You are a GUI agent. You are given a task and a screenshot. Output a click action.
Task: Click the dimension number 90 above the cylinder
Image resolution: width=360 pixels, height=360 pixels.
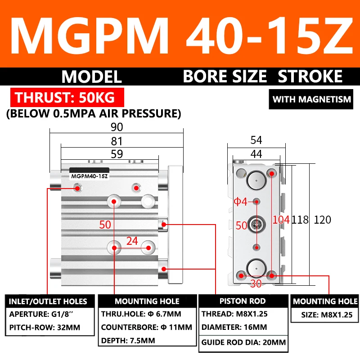[x=117, y=127]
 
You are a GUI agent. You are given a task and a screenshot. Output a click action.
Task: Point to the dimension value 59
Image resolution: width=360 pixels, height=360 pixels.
[x=117, y=154]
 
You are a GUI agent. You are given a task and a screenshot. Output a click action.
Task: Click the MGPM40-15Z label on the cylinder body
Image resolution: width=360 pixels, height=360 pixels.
[x=89, y=176]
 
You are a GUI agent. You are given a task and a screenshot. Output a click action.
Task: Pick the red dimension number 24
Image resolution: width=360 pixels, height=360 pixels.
[x=132, y=241]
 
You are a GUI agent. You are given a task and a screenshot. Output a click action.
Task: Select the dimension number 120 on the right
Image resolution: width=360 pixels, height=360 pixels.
[x=322, y=220]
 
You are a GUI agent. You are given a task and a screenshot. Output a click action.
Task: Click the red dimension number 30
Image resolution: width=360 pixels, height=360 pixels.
[x=256, y=284]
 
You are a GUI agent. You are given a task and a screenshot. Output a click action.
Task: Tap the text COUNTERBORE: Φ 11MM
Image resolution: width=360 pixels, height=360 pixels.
[x=147, y=327]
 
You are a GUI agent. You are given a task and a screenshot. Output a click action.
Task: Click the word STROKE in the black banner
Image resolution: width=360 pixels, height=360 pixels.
[x=310, y=76]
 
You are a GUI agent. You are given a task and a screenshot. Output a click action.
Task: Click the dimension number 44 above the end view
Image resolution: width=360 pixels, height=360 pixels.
[x=256, y=154]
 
